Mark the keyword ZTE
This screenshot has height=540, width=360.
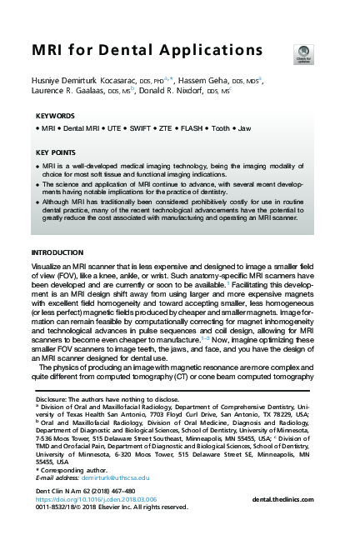(x=180, y=130)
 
